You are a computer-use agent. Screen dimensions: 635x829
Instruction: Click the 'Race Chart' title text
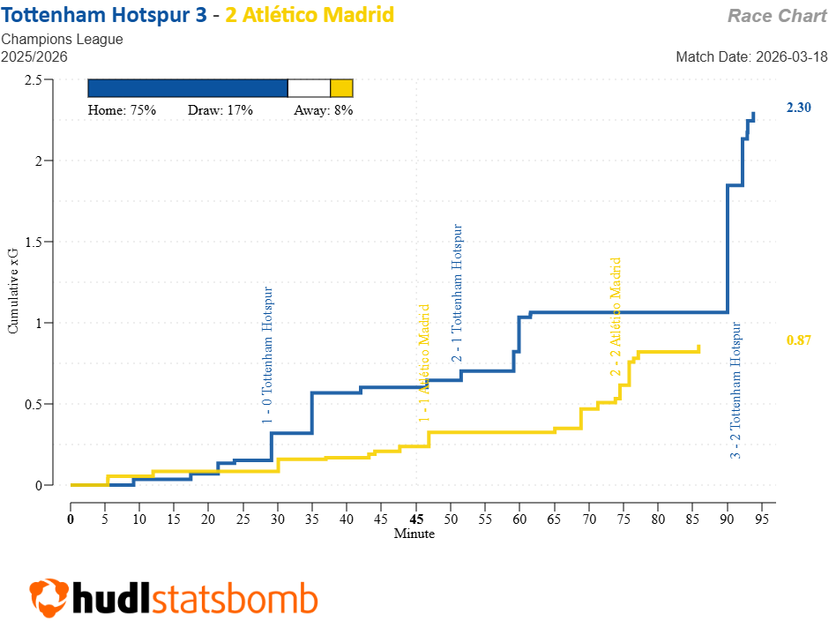(777, 16)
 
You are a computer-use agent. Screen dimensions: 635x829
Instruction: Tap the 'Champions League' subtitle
(62, 39)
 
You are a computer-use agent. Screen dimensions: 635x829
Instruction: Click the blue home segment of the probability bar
(188, 88)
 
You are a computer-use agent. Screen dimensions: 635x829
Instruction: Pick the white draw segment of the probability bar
(309, 88)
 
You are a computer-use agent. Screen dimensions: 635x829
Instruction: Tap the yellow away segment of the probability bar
(341, 88)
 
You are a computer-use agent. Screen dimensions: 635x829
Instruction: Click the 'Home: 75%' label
(122, 110)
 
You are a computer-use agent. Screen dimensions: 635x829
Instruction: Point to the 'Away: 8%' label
(323, 110)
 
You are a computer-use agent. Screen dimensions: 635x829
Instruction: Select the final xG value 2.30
(798, 108)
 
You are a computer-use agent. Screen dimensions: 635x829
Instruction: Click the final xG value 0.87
(798, 340)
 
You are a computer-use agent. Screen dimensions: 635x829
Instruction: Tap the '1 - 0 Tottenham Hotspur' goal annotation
(268, 355)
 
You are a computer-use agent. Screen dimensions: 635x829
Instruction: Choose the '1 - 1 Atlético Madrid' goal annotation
(424, 363)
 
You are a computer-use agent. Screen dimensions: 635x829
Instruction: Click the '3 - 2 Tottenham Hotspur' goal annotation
(736, 391)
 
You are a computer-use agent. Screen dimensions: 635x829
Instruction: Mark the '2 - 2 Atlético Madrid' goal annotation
(616, 317)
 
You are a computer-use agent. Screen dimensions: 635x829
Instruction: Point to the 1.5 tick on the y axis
(34, 242)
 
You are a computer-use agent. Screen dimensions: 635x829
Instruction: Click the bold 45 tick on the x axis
(416, 519)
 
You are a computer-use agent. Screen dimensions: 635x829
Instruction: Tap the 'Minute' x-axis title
(414, 534)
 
